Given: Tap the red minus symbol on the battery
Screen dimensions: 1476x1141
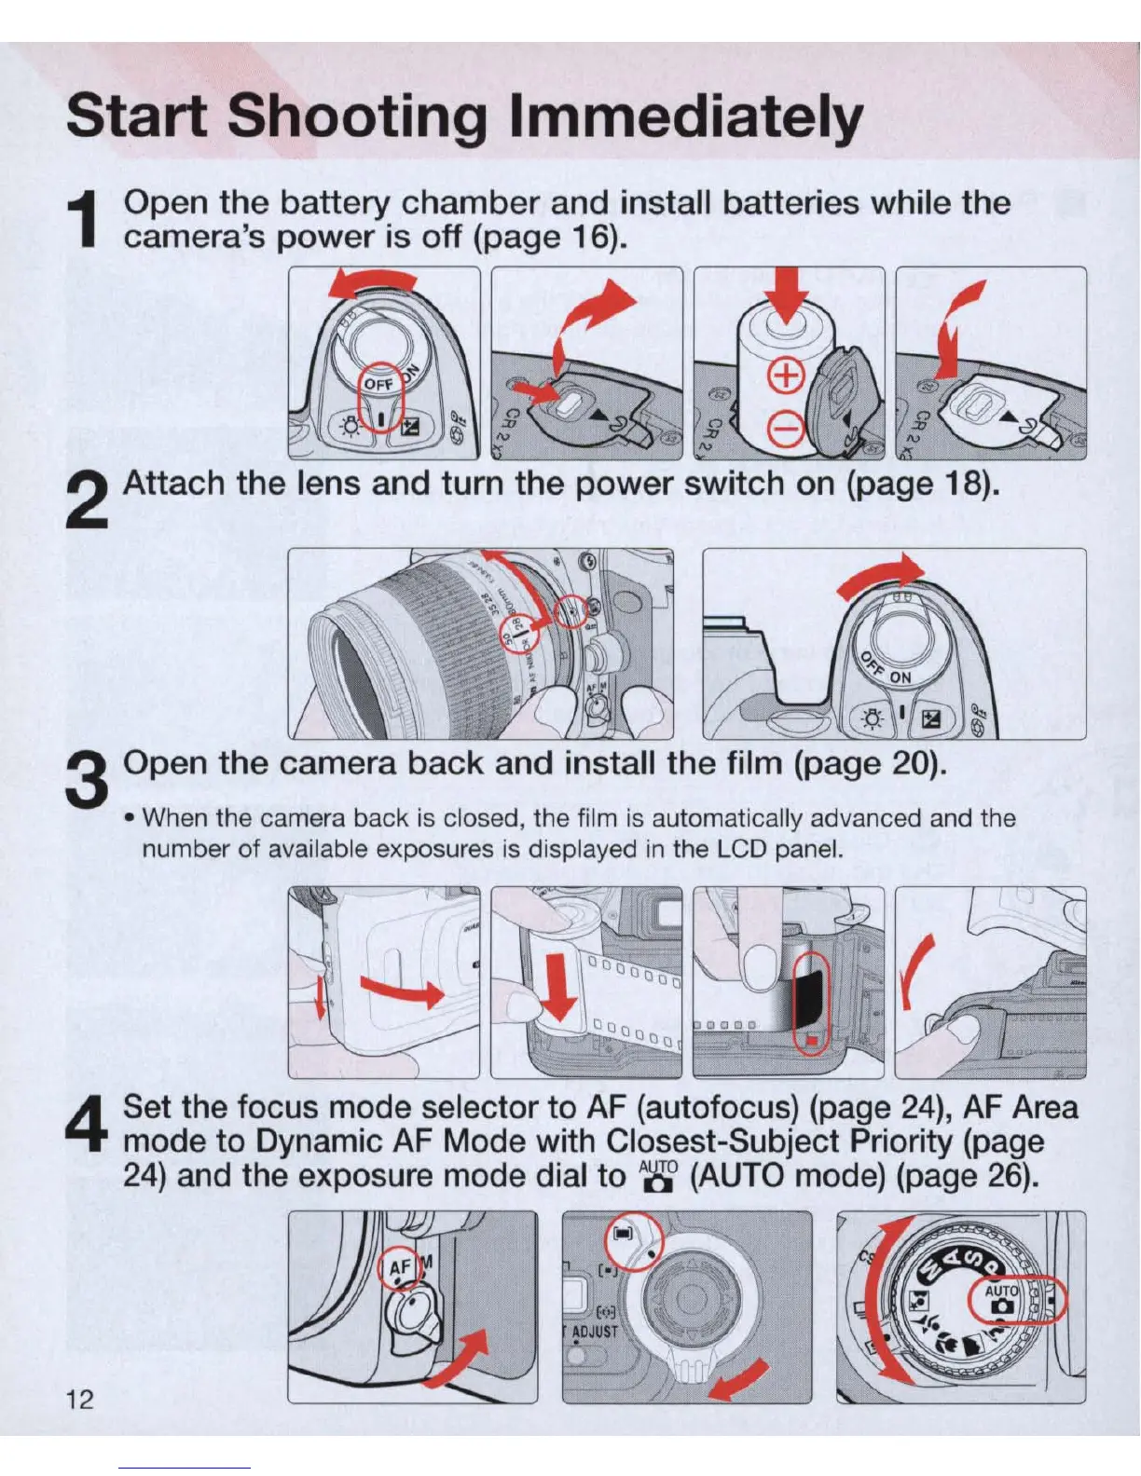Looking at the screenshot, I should (786, 430).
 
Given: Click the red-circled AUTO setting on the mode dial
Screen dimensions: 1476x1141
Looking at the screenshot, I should (1002, 1299).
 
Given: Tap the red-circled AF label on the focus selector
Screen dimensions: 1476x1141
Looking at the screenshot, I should (400, 1267).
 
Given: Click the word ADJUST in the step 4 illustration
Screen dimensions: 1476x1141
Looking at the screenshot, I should (594, 1331).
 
